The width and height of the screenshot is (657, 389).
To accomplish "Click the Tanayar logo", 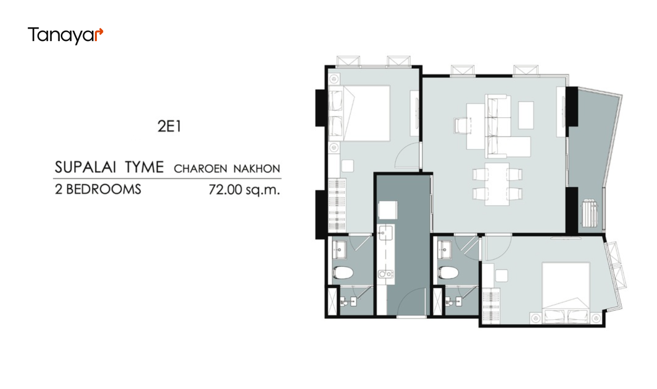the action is point(65,36).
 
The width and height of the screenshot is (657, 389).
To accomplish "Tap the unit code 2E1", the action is point(169,127).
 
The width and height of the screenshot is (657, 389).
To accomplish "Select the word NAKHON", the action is point(257,169).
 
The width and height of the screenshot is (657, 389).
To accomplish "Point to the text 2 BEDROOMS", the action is point(98,189).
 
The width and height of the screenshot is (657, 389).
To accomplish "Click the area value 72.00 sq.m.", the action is point(244,190).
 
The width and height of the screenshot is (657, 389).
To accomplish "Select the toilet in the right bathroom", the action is point(448,273).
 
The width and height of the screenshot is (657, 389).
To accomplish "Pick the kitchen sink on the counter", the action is point(386,233).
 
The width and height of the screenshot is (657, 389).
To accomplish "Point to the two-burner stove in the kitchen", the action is point(386,274).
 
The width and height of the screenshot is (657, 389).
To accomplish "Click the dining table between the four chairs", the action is point(497,184).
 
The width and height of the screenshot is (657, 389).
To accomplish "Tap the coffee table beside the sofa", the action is point(526,115).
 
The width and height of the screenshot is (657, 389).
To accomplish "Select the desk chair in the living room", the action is point(463,126).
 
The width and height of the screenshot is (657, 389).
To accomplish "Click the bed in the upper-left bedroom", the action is point(359,113).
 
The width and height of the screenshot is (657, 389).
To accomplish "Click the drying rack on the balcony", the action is point(589,213).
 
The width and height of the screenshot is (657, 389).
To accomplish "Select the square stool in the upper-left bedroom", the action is point(347,166).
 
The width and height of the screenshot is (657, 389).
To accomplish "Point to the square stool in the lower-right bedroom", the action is point(502,276).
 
